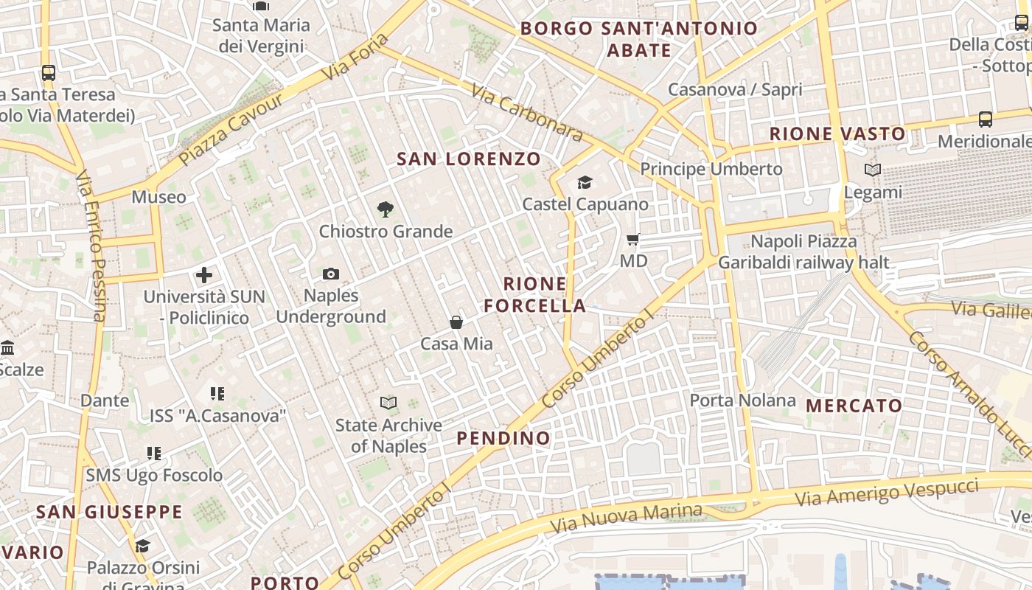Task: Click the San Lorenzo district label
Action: [x=469, y=159]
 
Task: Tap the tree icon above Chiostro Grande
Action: [x=385, y=210]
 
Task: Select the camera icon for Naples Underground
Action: [x=331, y=274]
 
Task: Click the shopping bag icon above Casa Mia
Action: [x=456, y=322]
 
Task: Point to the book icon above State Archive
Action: [x=388, y=403]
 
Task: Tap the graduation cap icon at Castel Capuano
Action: [x=585, y=182]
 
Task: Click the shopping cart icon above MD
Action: [x=632, y=239]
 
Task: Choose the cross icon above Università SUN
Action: [x=204, y=276]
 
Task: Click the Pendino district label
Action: [x=503, y=438]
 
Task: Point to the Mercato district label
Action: [x=854, y=406]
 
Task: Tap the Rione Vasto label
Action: [x=837, y=134]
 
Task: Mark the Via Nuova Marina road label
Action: [x=627, y=518]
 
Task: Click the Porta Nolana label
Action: [x=742, y=400]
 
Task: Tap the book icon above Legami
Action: [x=873, y=170]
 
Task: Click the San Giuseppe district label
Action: [x=109, y=512]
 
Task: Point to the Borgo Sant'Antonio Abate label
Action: [x=639, y=39]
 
